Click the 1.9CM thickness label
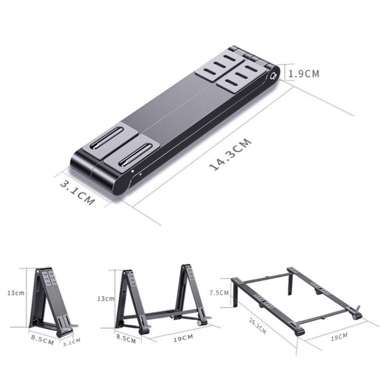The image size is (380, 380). pyautogui.click(x=304, y=73)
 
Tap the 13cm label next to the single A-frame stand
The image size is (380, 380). pyautogui.click(x=18, y=293)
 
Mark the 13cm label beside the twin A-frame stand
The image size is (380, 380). pyautogui.click(x=105, y=298)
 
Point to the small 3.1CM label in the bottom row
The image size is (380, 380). pyautogui.click(x=71, y=341)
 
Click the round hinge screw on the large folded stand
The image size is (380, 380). pyautogui.click(x=275, y=76)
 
